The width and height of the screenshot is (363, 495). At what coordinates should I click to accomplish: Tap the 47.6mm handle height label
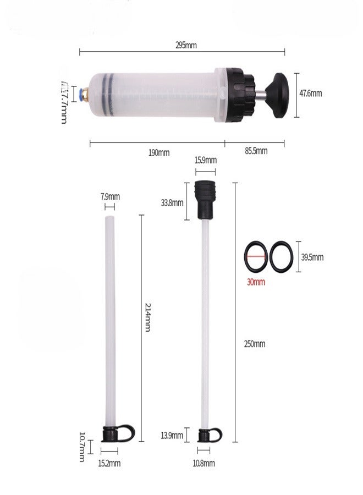tap(311, 93)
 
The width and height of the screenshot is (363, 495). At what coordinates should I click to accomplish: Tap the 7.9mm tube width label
tap(110, 196)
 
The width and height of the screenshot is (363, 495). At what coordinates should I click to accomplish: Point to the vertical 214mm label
tap(147, 317)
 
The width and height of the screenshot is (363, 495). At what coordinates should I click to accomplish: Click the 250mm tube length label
tap(254, 344)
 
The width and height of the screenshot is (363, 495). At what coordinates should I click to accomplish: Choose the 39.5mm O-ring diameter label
tap(312, 257)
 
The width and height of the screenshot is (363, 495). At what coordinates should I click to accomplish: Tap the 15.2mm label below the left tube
tap(109, 464)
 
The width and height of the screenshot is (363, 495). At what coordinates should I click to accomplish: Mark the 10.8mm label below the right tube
tap(204, 464)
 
